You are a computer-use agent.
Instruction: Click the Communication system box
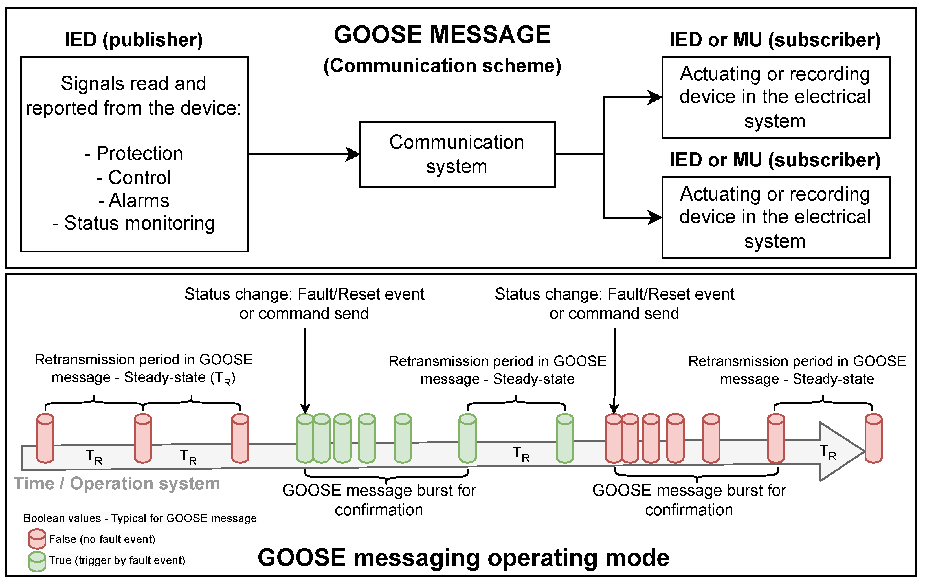tap(457, 154)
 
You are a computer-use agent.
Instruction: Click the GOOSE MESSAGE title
tap(442, 35)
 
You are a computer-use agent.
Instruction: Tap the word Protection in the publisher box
tap(139, 153)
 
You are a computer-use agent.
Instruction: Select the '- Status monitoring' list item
tap(134, 223)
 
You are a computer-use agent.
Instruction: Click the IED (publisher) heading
tap(134, 40)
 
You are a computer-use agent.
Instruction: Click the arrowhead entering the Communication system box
tap(353, 154)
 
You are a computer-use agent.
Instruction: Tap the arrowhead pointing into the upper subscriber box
tap(654, 97)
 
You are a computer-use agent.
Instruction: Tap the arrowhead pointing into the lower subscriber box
tap(654, 217)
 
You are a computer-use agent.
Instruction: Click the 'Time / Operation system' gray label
tap(117, 483)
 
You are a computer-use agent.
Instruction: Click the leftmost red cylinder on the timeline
tap(45, 438)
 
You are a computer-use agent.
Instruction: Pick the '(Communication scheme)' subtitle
tap(442, 66)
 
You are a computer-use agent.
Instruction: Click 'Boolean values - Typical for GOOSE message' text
tap(140, 518)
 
